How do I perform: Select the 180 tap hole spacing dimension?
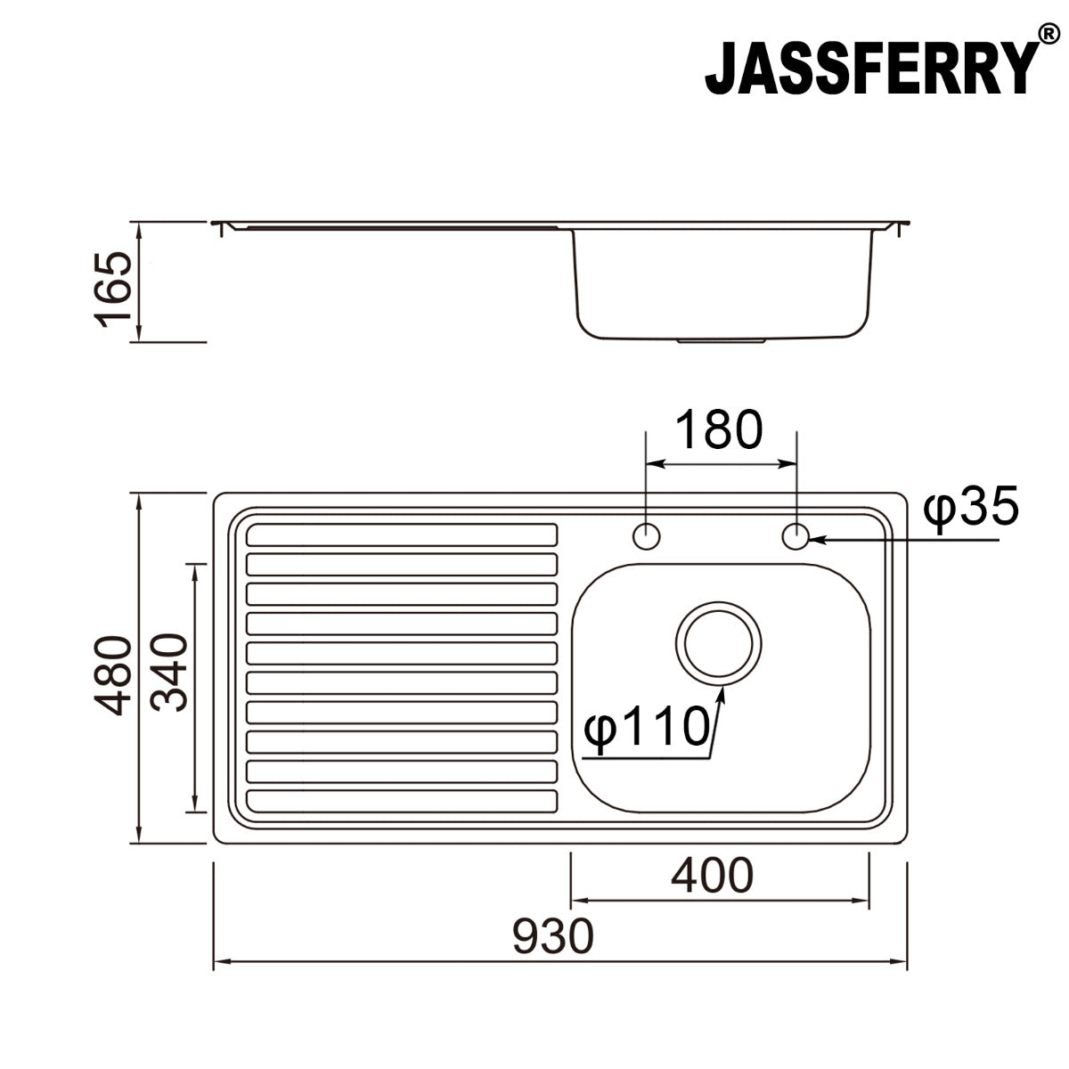click(x=719, y=430)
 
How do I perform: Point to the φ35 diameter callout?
click(x=970, y=510)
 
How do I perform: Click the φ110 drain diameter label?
click(x=645, y=728)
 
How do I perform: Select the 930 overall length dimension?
click(x=552, y=936)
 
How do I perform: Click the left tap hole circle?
click(x=646, y=536)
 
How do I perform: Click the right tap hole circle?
click(x=796, y=536)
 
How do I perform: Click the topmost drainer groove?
click(x=401, y=534)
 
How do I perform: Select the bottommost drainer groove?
click(x=401, y=802)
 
